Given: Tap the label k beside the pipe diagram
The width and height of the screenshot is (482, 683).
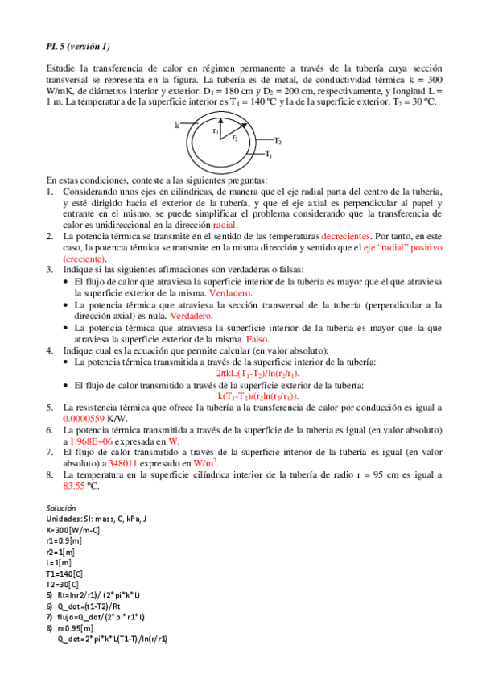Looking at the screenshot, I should pos(177,126).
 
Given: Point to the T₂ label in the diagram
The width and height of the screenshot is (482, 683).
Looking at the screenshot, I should pos(277,141).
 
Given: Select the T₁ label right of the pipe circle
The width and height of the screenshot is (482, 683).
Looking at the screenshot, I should pos(269,153).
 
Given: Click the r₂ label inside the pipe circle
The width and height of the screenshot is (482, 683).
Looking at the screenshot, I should pos(234,138).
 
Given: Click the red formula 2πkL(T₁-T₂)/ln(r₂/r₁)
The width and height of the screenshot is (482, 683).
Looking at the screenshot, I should pos(257,374).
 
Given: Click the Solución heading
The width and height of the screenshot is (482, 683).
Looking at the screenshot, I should pos(60,509).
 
